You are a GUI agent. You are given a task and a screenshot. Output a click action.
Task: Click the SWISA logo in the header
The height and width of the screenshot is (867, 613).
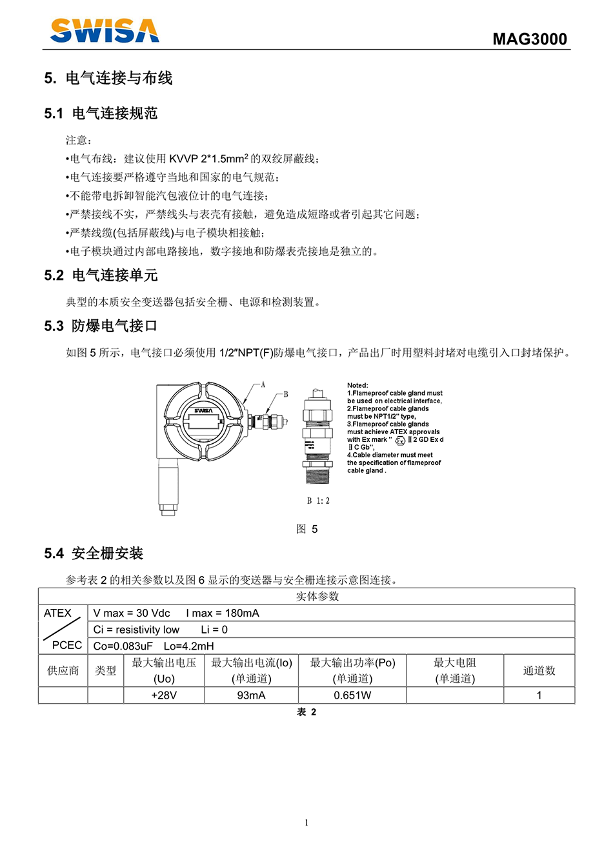(105, 31)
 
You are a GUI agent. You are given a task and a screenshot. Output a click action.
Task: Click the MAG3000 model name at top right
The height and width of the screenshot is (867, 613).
(529, 39)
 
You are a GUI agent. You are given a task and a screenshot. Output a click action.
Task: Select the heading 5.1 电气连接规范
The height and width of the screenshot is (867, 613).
(101, 114)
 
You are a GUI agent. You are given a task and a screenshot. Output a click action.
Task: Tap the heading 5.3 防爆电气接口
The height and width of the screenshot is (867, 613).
(101, 326)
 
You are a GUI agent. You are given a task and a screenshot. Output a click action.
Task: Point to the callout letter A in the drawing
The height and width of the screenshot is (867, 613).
(263, 385)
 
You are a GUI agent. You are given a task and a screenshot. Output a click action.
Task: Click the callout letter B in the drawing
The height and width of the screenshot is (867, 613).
(286, 394)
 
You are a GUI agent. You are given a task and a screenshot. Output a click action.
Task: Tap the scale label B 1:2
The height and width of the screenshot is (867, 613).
(318, 501)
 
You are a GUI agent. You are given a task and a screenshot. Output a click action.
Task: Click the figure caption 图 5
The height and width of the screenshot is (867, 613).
(306, 529)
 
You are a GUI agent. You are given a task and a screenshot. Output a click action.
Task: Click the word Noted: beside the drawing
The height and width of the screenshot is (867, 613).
(357, 385)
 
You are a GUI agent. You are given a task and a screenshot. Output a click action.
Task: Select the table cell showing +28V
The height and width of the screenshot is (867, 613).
(164, 695)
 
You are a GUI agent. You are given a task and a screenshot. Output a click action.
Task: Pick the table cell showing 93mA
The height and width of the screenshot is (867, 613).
(251, 695)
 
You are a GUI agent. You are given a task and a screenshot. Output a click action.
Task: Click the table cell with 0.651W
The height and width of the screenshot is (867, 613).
(352, 695)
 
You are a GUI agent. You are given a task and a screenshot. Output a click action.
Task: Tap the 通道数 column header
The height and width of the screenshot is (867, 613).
(539, 671)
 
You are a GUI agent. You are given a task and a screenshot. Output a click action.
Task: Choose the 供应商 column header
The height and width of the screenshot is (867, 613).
(63, 671)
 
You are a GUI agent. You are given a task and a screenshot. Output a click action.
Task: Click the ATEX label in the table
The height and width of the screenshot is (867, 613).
(57, 613)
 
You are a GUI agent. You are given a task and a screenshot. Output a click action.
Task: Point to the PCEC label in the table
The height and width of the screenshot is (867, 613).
(67, 645)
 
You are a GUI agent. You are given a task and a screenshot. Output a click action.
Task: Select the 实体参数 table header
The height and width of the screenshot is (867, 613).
(317, 596)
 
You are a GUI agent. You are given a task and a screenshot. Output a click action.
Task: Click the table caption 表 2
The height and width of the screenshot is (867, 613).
(306, 712)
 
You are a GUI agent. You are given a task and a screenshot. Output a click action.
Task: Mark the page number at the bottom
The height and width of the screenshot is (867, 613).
(306, 822)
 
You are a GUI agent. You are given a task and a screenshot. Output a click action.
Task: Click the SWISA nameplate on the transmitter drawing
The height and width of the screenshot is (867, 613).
(203, 411)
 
